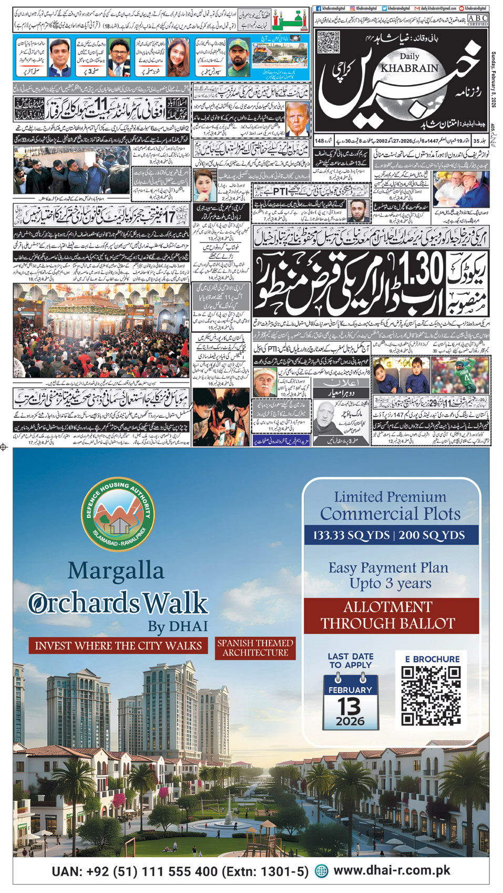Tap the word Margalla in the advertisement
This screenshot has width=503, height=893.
tap(116, 570)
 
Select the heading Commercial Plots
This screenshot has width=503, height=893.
tap(390, 514)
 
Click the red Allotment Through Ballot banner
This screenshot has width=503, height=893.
tap(388, 615)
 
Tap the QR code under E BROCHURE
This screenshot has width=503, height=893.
tap(430, 696)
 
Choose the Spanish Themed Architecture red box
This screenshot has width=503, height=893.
tap(255, 648)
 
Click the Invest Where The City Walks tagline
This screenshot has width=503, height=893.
tap(118, 646)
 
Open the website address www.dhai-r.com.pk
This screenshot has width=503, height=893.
tap(392, 870)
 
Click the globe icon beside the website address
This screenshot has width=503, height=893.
tap(321, 871)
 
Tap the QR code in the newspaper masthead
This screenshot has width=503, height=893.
tap(329, 43)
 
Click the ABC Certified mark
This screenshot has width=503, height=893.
tap(477, 20)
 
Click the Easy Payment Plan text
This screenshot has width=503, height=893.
tap(388, 568)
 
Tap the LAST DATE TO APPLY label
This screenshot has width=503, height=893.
tap(351, 661)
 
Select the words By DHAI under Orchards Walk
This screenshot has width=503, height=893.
tap(178, 627)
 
